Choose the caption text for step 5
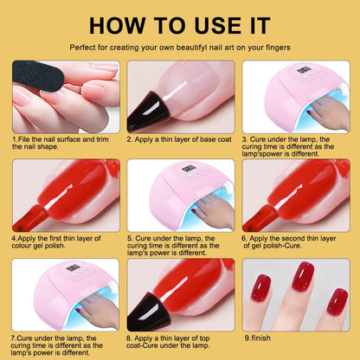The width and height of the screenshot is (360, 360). [x=178, y=245]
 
